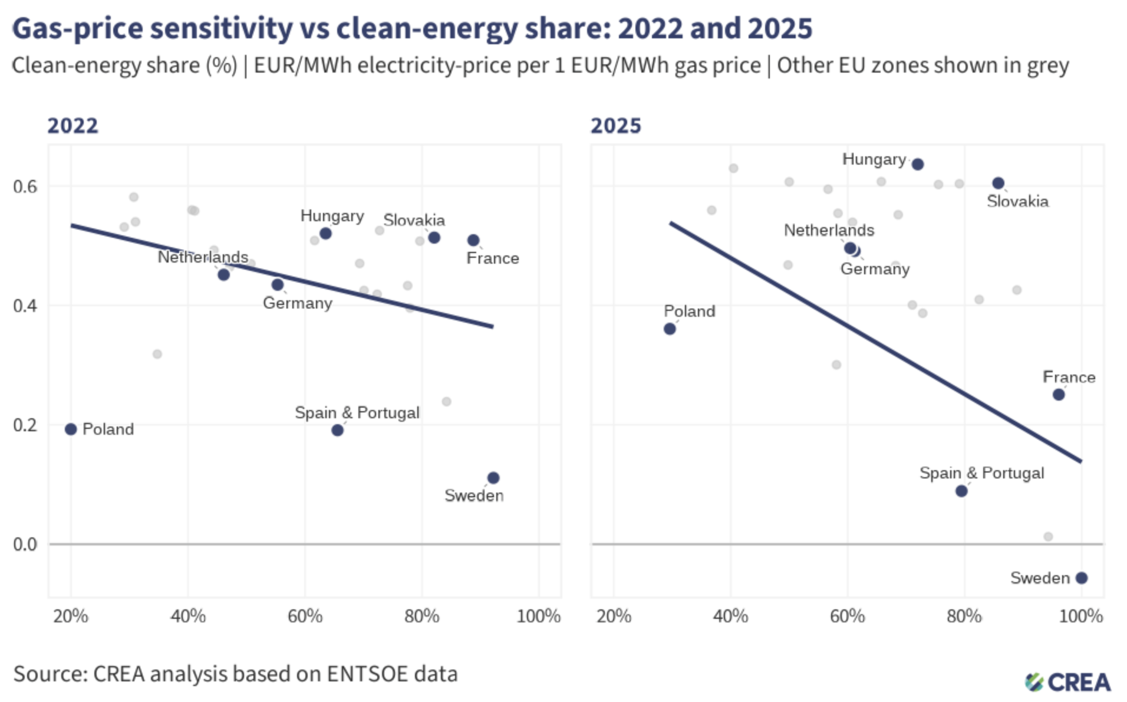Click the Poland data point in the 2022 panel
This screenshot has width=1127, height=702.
71,429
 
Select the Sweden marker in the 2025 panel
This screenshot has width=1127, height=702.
1081,578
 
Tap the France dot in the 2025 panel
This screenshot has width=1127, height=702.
1059,394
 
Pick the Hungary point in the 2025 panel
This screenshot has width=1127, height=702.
917,164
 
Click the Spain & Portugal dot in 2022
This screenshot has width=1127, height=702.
337,430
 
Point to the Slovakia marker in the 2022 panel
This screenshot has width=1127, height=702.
434,238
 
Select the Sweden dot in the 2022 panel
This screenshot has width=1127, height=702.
493,478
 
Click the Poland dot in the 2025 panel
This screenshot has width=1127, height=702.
670,329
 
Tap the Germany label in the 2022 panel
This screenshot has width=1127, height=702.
297,303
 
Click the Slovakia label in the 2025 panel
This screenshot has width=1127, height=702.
1017,202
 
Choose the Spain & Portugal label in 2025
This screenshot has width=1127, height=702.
981,473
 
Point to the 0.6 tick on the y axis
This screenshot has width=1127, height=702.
25,186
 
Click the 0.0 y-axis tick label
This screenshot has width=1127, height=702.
25,544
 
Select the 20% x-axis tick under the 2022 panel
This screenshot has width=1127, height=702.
71,616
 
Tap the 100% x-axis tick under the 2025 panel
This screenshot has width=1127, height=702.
1080,616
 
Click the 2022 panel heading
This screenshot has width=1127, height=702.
73,126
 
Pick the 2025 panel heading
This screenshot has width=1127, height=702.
615,126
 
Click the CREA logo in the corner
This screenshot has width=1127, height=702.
1067,682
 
